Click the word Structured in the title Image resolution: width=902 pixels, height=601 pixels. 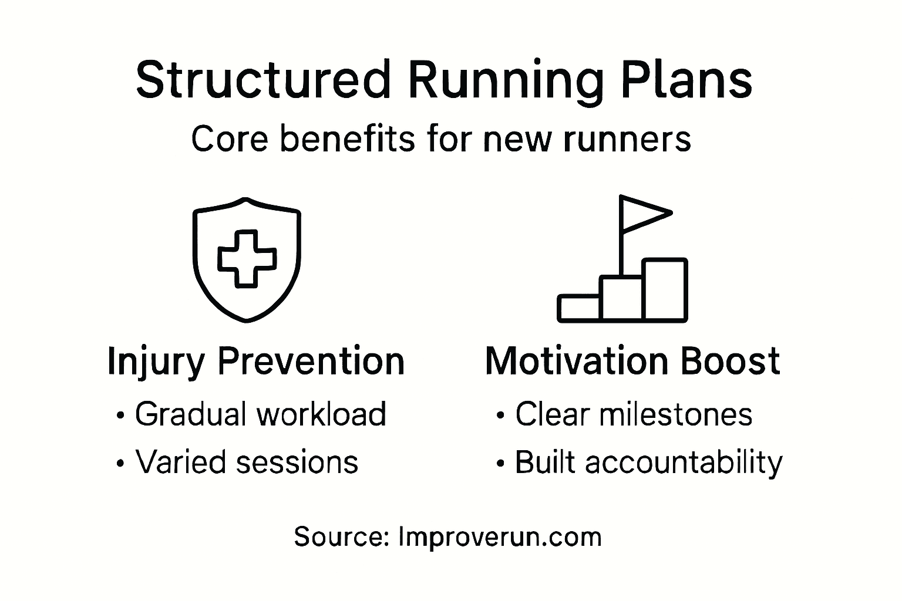264,79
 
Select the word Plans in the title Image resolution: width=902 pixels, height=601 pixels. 687,79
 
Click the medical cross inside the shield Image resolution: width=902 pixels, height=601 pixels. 247,259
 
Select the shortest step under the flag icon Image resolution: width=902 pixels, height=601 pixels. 579,308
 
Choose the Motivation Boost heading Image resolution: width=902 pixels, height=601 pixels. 632,361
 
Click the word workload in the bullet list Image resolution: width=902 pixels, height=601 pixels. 321,413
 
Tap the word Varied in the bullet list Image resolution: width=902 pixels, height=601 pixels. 180,461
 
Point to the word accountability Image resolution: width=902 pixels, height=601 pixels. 684,464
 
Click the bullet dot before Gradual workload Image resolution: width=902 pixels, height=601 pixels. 120,416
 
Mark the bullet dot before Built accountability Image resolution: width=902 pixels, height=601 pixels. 500,464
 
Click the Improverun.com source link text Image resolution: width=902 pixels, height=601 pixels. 500,538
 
